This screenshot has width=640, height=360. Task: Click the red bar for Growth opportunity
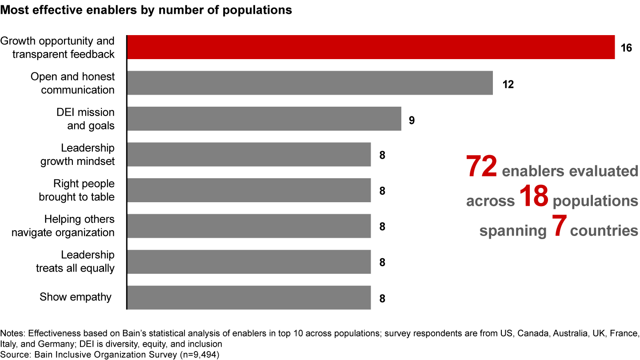point(371,47)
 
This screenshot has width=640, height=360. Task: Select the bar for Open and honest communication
point(310,83)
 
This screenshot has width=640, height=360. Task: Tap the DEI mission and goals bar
point(264,119)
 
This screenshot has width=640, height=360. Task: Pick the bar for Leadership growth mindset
point(249,155)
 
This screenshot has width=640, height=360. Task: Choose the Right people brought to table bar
point(249,190)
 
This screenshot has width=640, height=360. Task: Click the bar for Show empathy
point(249,297)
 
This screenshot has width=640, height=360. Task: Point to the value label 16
point(626,48)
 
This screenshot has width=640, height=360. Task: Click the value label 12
point(508,84)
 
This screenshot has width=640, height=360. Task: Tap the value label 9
point(412,120)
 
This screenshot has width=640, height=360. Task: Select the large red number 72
point(481,167)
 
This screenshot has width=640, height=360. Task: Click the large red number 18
point(533,197)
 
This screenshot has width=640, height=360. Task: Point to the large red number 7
point(558,227)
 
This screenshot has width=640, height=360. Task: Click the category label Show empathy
point(76,297)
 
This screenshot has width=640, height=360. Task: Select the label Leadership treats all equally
point(75,261)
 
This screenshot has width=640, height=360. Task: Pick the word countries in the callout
point(604,231)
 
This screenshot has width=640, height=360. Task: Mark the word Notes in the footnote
point(11,333)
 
